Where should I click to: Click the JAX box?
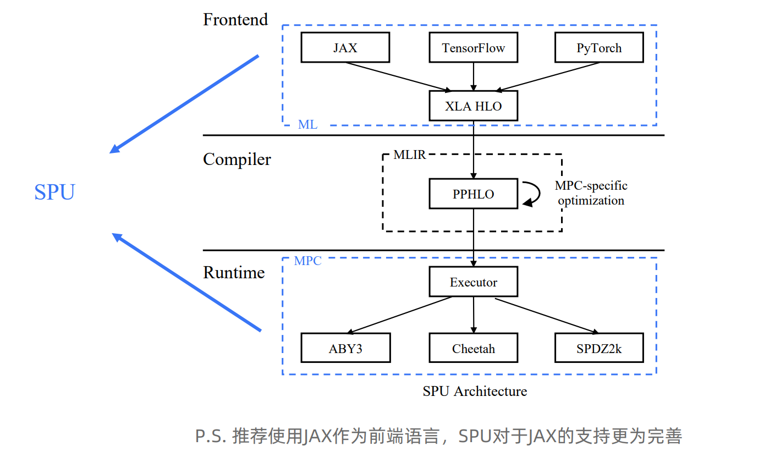tap(345, 48)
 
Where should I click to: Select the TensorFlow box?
tap(473, 48)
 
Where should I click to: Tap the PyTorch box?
tap(599, 48)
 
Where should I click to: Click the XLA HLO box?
tap(473, 106)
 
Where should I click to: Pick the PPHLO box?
tap(473, 194)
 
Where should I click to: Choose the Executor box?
tap(473, 282)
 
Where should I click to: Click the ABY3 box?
tap(345, 348)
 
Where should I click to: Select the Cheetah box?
tap(473, 348)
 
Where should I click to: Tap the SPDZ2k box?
tap(599, 348)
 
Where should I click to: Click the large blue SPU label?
tap(54, 192)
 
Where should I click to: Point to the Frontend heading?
tap(235, 20)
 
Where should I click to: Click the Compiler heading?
tap(237, 159)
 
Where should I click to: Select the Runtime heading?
tap(234, 273)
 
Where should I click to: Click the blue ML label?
tap(307, 125)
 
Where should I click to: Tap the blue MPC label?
tap(307, 261)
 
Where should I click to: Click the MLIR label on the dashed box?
tap(410, 155)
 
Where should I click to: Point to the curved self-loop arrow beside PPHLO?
tap(532, 194)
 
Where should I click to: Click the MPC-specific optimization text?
tap(591, 193)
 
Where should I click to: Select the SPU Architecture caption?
tap(475, 391)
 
